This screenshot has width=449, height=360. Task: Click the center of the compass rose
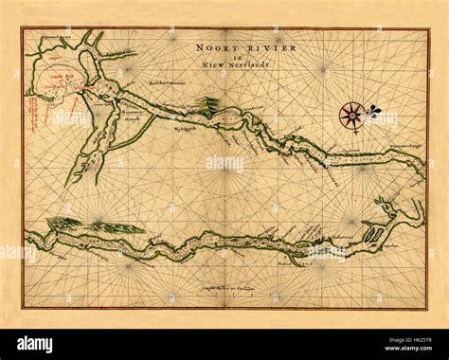click(x=350, y=115)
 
